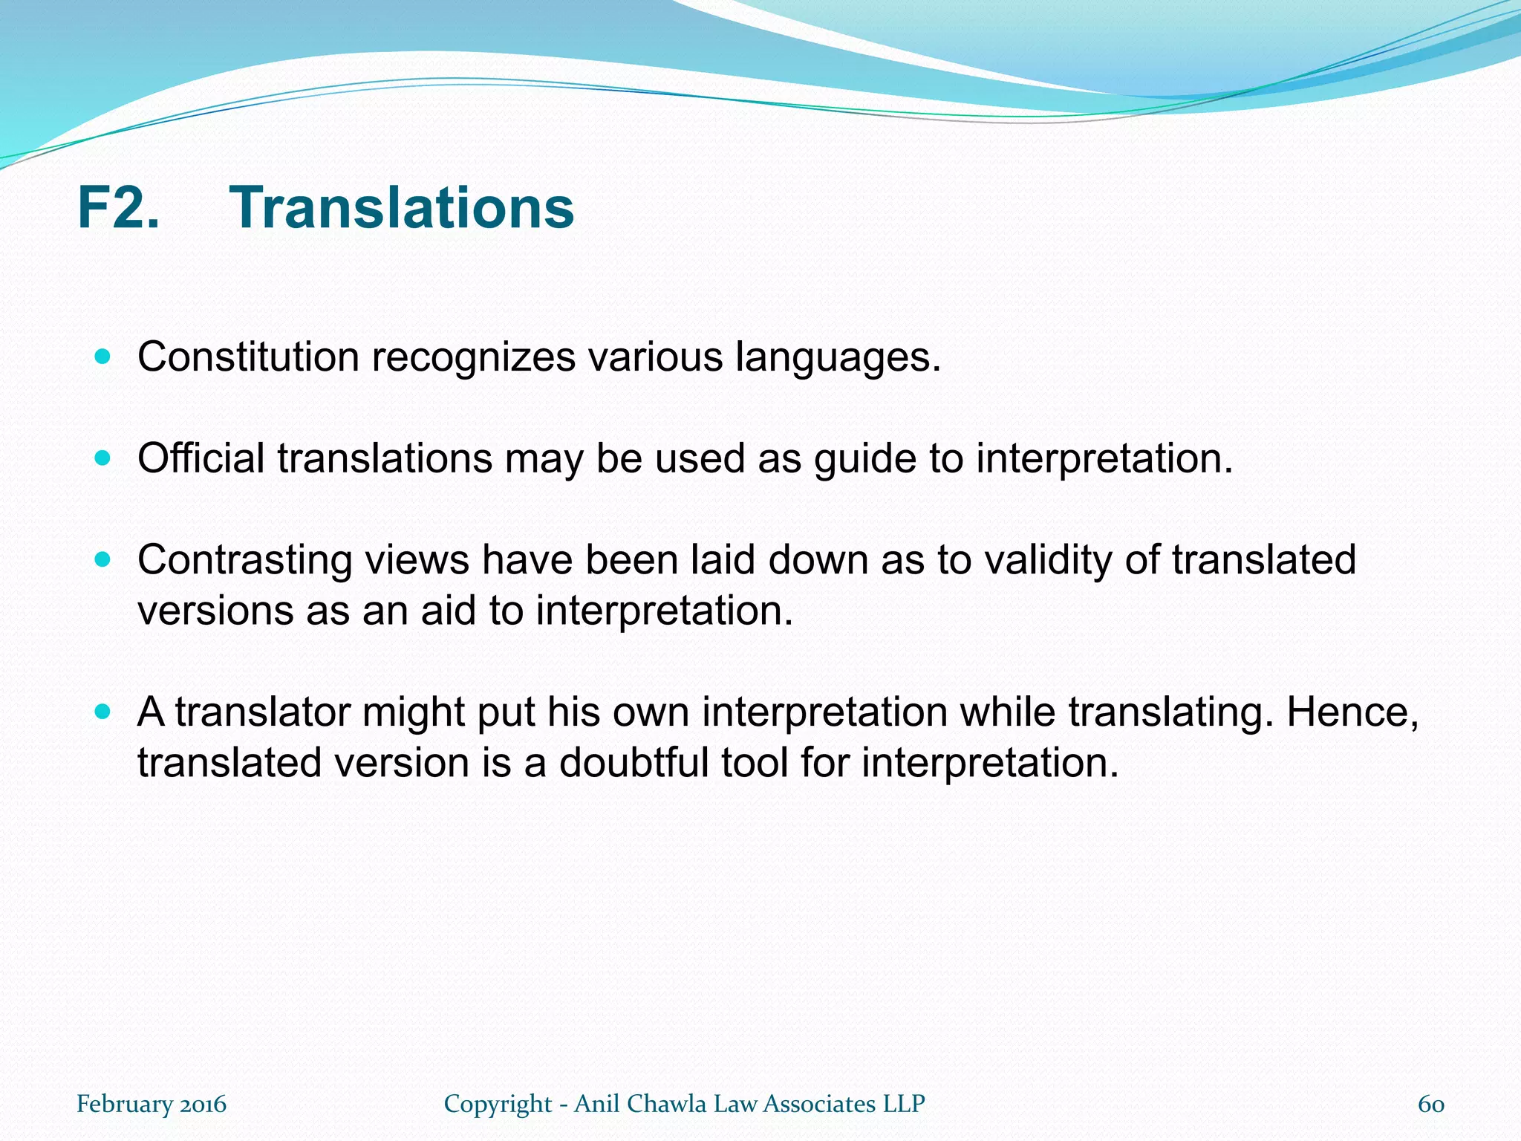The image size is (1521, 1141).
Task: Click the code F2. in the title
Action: pyautogui.click(x=118, y=207)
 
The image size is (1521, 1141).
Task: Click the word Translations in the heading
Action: pyautogui.click(x=401, y=207)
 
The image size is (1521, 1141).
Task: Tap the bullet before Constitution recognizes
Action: pyautogui.click(x=103, y=357)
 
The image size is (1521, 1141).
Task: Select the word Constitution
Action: pyautogui.click(x=248, y=357)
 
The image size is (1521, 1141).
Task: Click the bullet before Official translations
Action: pyautogui.click(x=103, y=458)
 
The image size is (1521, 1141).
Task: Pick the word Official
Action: pyautogui.click(x=201, y=458)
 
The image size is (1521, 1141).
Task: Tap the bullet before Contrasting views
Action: pyautogui.click(x=103, y=559)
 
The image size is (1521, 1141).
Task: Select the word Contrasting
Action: pyautogui.click(x=244, y=561)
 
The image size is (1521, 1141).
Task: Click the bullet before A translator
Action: pyautogui.click(x=103, y=712)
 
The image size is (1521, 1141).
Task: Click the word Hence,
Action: pyautogui.click(x=1352, y=712)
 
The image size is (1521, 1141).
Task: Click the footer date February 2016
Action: pyautogui.click(x=152, y=1104)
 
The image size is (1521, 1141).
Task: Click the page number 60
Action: pyautogui.click(x=1430, y=1104)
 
